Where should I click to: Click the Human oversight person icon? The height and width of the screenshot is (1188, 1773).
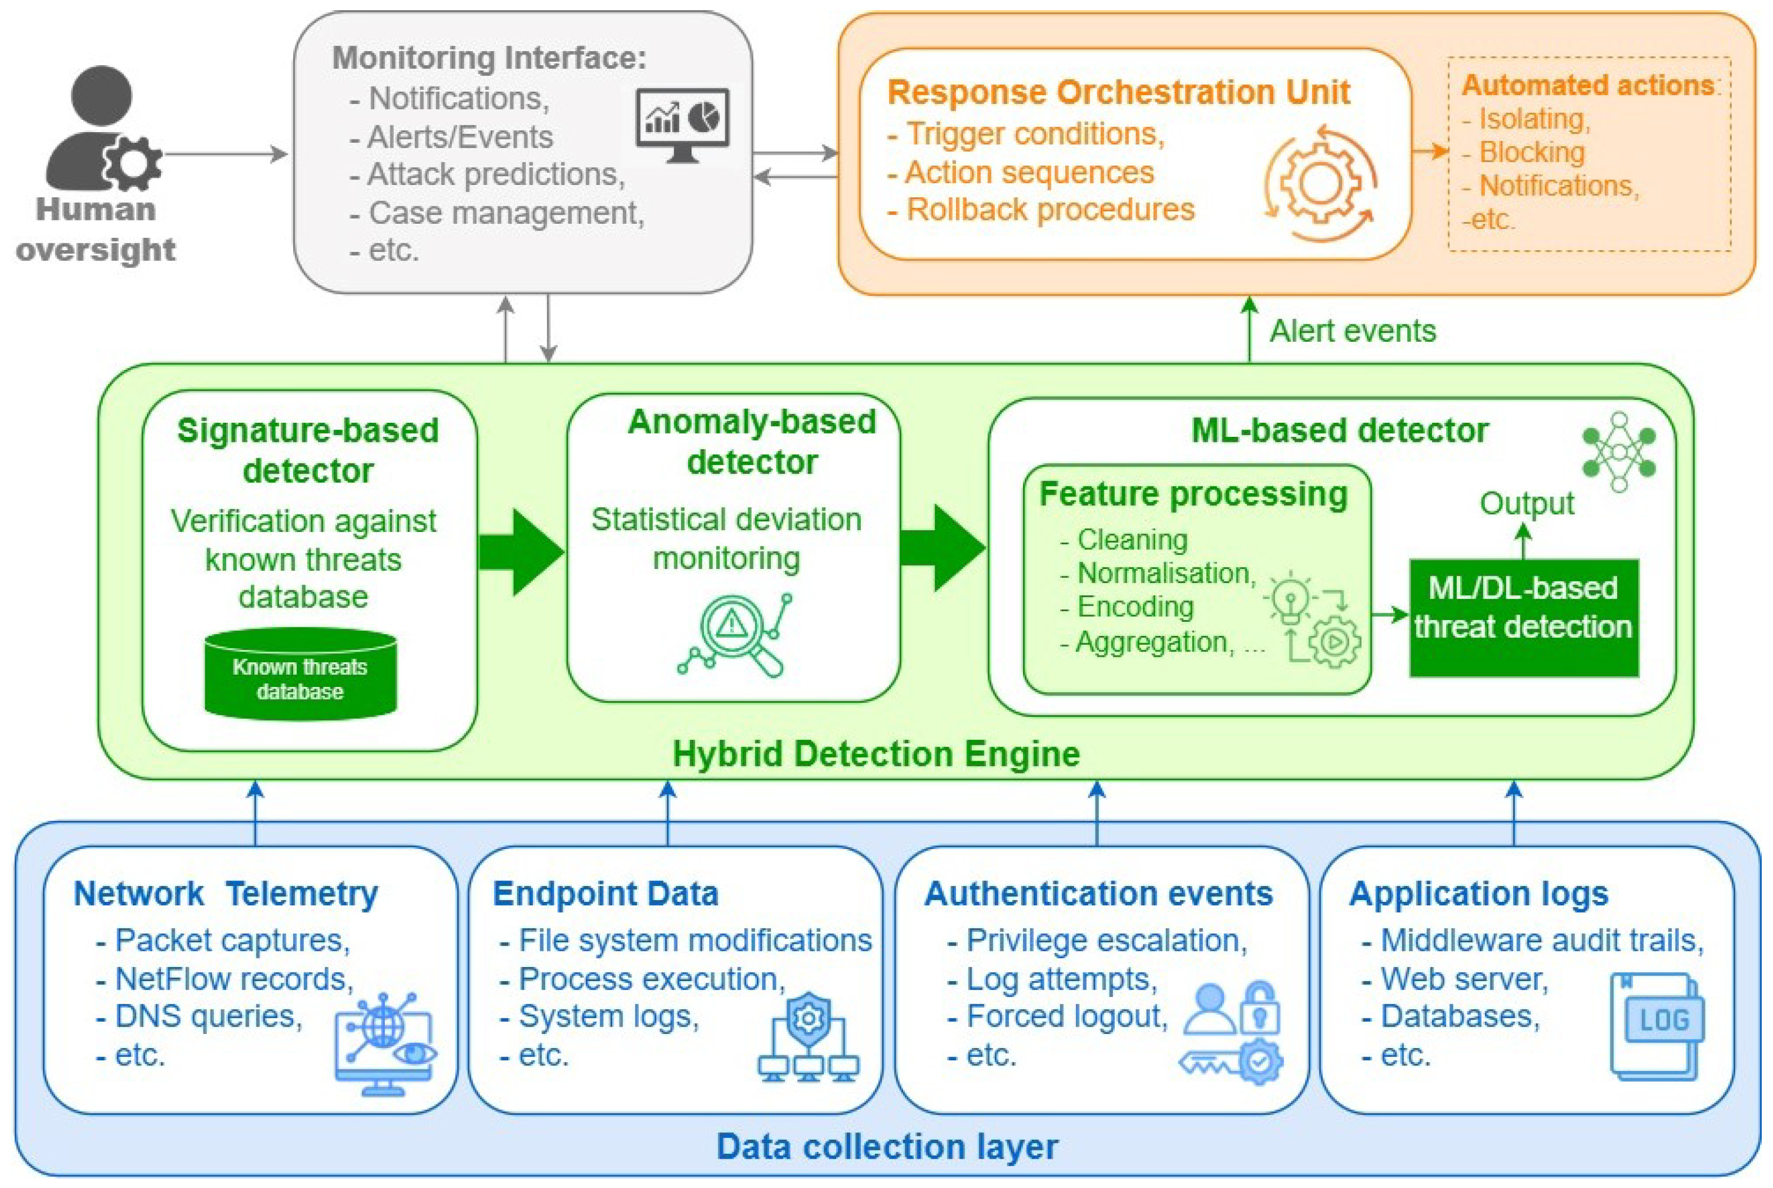[x=103, y=129]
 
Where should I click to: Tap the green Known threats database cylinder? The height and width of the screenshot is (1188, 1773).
[x=300, y=674]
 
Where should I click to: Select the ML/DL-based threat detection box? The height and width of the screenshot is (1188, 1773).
[x=1524, y=617]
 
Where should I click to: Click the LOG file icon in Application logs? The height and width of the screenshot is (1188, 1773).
[x=1657, y=1026]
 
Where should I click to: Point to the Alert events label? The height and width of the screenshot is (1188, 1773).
[x=1353, y=331]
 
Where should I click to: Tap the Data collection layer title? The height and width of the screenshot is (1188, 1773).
[x=887, y=1146]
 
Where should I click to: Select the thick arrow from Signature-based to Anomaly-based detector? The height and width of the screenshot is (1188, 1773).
[x=522, y=552]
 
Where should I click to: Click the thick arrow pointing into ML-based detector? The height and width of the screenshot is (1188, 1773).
[x=943, y=548]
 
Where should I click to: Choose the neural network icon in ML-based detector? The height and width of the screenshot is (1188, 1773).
[x=1619, y=451]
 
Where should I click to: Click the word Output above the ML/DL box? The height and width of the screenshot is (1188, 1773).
[x=1527, y=504]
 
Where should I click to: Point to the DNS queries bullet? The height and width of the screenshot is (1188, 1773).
[x=199, y=1016]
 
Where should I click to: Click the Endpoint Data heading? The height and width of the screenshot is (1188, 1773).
[x=605, y=893]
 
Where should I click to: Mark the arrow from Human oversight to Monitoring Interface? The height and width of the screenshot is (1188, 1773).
[x=226, y=155]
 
